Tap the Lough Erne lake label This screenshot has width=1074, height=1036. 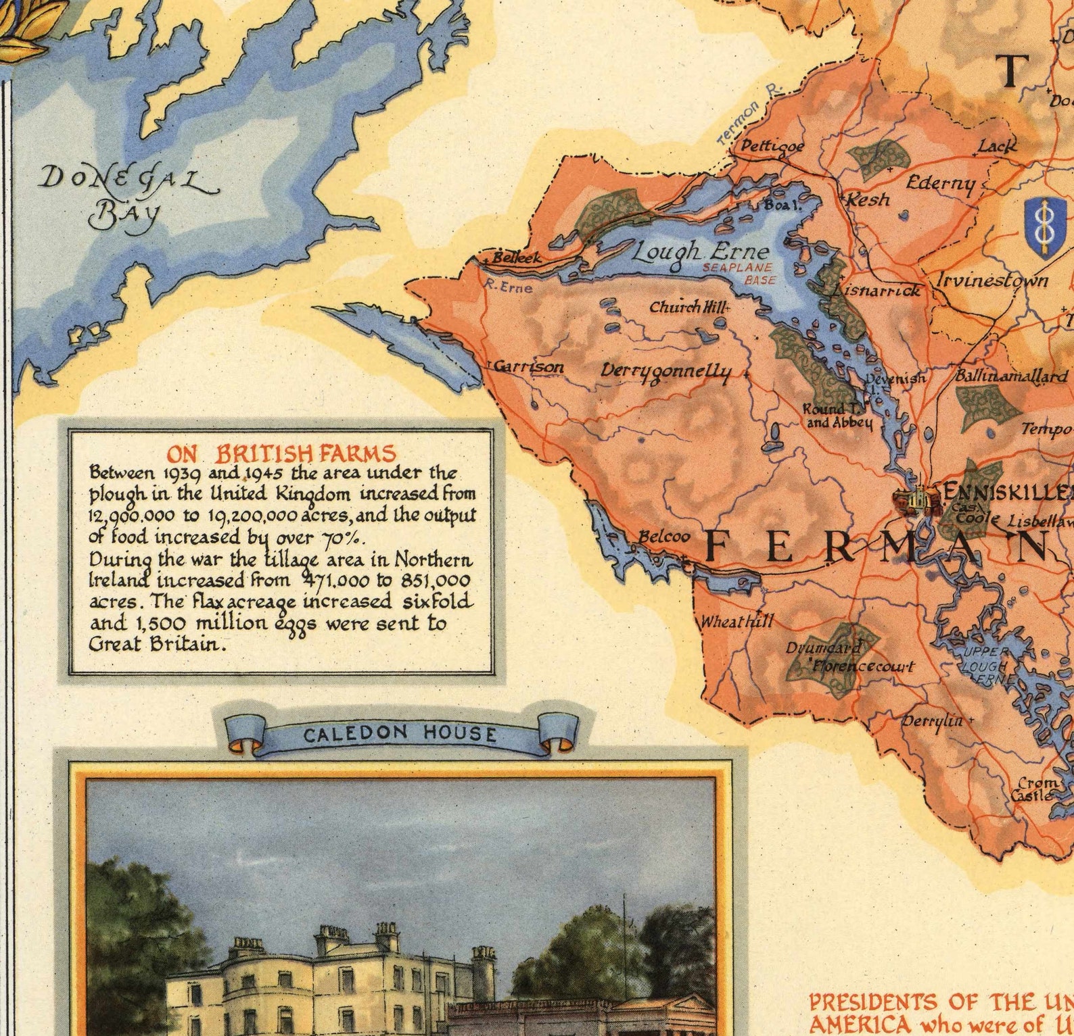click(x=700, y=252)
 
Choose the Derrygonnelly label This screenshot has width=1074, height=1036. click(x=666, y=372)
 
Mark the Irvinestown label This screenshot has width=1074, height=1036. click(x=992, y=280)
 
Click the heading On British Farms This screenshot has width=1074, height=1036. click(x=281, y=453)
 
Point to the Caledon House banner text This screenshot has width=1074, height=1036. click(x=400, y=734)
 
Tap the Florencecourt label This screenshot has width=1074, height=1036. click(x=863, y=666)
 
